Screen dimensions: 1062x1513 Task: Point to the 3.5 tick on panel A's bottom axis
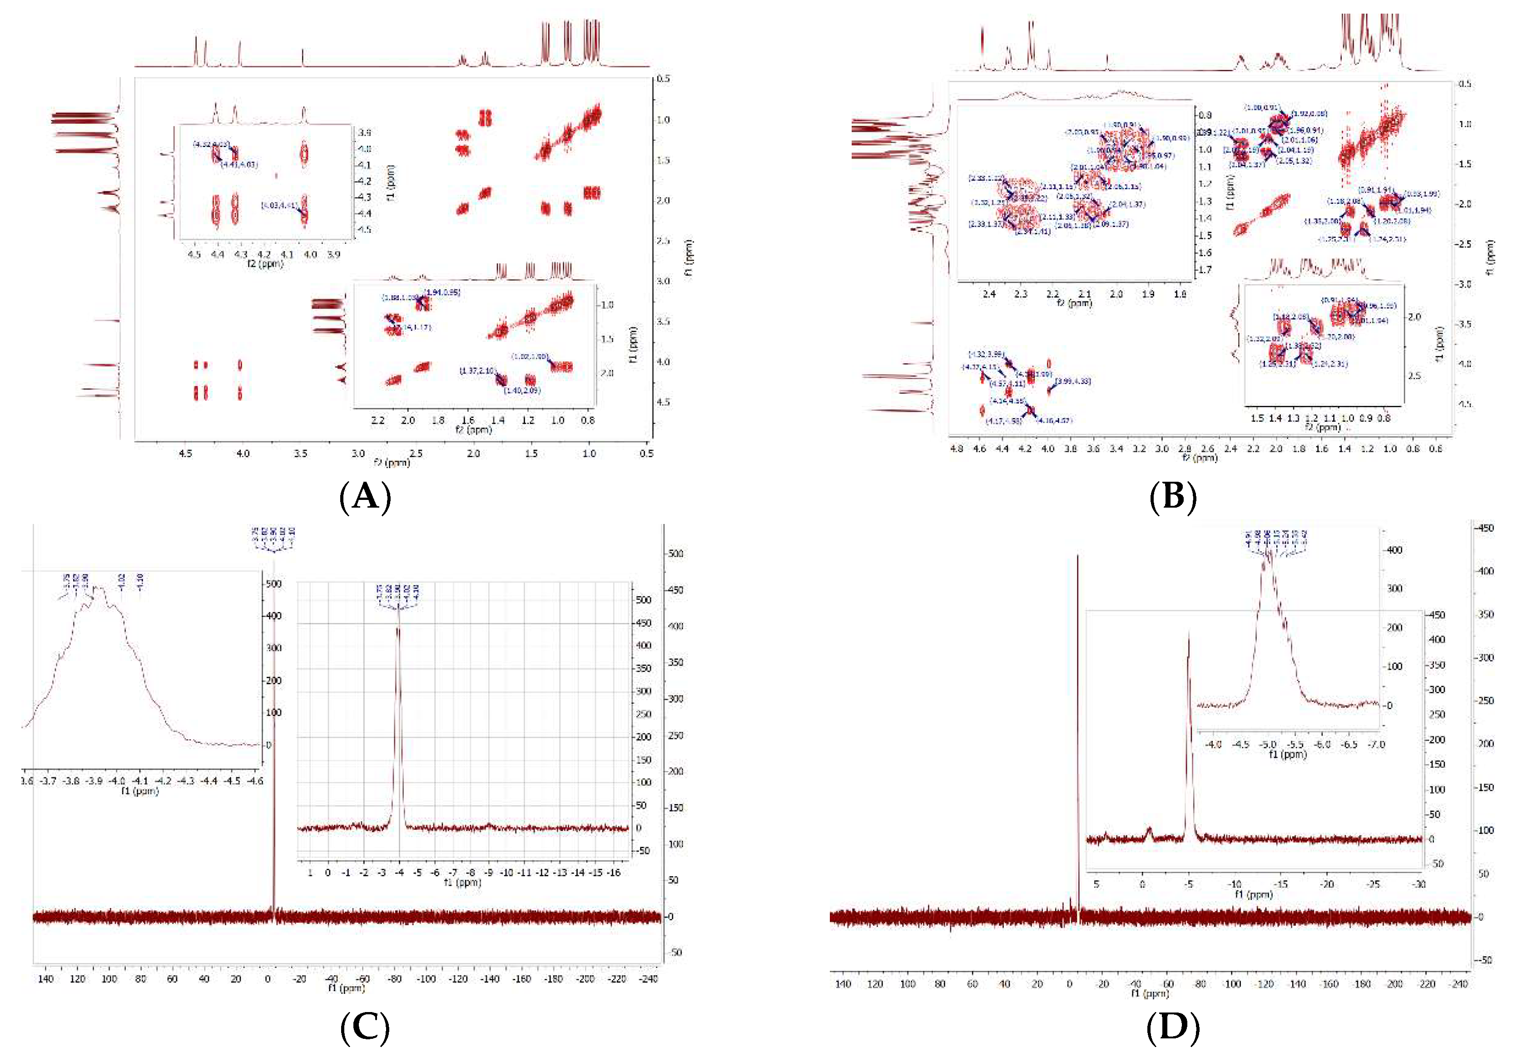301,453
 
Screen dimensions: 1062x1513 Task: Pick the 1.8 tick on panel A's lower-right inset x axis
437,420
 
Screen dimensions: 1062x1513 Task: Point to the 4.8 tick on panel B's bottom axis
957,449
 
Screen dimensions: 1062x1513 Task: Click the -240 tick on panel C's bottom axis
649,979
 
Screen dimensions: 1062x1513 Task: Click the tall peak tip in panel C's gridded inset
397,627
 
